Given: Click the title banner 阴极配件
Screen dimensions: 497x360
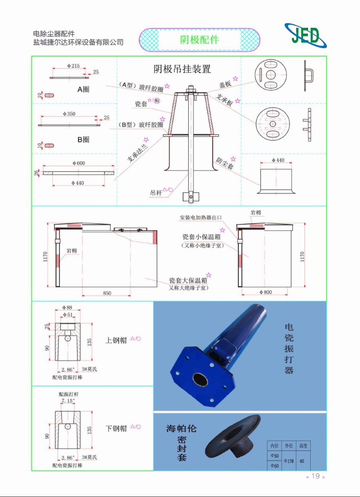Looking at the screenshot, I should [x=200, y=40].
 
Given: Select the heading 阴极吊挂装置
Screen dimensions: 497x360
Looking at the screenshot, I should [x=182, y=69].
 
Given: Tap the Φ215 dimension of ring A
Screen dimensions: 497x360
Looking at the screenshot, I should [x=73, y=66].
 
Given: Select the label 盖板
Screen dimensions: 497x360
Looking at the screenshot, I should [x=225, y=84].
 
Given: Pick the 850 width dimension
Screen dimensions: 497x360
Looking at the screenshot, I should [x=107, y=294].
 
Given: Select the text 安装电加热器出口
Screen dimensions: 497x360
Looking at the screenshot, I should [x=201, y=218].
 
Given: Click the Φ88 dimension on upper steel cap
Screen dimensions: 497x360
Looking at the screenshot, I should [x=67, y=308].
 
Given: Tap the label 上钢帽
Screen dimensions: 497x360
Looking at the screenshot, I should [x=116, y=339].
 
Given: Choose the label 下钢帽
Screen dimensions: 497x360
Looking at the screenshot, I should [x=116, y=428].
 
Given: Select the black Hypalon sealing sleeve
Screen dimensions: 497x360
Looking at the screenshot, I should [x=233, y=436].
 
